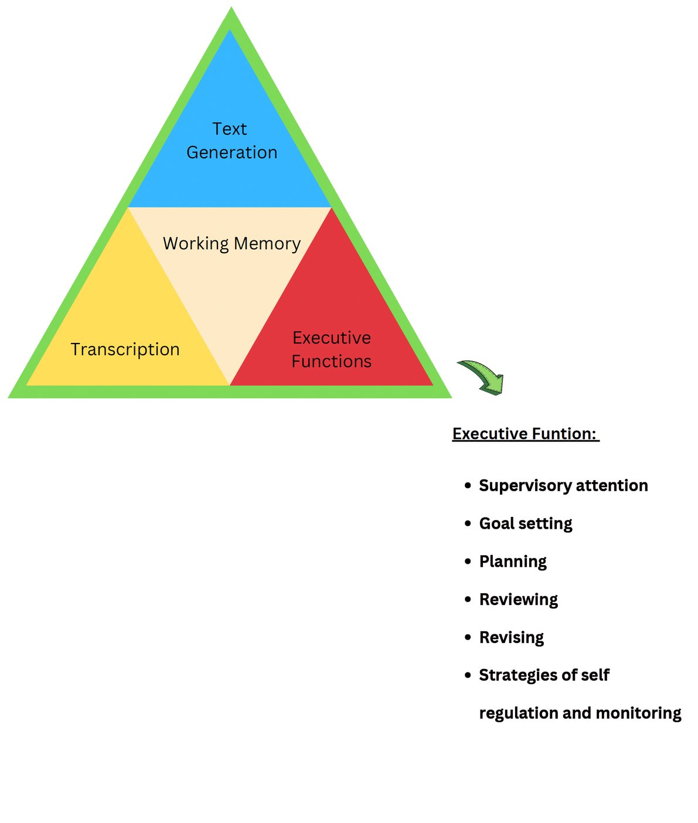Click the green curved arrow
(x=482, y=376)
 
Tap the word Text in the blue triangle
(x=229, y=129)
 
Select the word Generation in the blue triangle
(x=231, y=152)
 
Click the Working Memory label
(x=231, y=243)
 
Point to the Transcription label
(x=125, y=349)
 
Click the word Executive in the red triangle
(x=331, y=338)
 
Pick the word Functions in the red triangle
(x=331, y=361)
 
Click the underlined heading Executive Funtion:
(x=525, y=434)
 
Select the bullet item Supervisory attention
(x=563, y=485)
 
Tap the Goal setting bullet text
(x=525, y=523)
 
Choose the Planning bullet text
(x=513, y=562)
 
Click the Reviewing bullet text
(x=518, y=600)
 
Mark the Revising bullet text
(x=511, y=637)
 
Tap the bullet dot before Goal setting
(x=467, y=523)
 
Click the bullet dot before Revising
(x=467, y=637)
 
